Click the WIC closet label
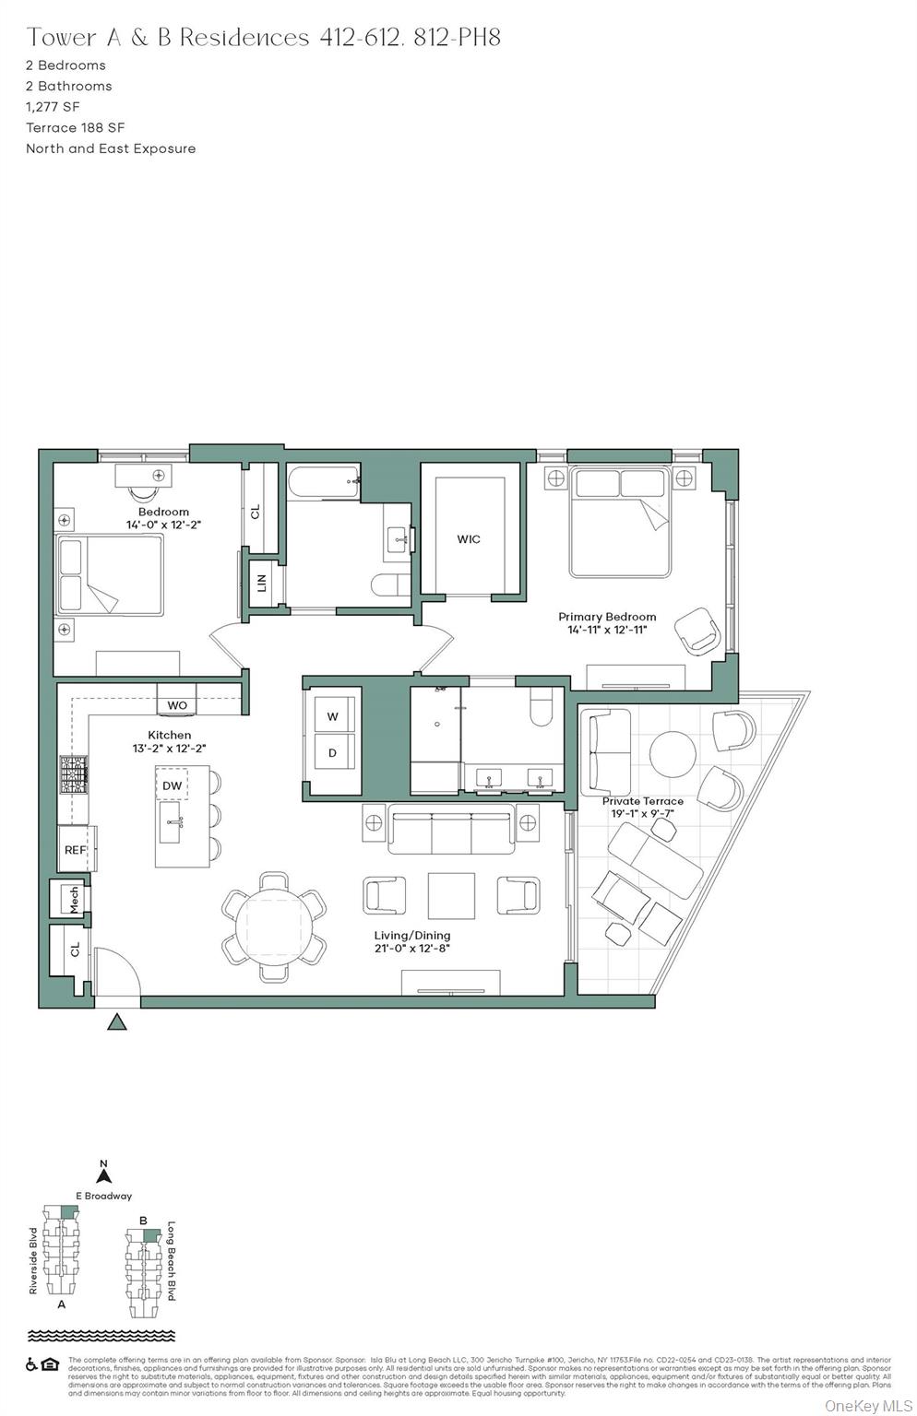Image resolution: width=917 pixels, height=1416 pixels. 469,539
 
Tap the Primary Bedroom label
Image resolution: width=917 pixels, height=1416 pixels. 607,617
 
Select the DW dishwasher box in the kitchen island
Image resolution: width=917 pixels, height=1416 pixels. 172,785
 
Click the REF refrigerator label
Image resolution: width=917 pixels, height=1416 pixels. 75,850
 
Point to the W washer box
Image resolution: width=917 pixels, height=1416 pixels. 332,716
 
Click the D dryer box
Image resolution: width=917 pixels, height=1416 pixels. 332,753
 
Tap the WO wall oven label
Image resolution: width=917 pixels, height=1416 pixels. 177,705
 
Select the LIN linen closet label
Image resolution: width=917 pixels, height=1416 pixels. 262,583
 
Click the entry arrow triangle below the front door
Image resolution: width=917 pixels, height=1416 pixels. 117,1021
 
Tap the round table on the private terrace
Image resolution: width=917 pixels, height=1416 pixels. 673,754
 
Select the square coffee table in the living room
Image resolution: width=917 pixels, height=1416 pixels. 451,896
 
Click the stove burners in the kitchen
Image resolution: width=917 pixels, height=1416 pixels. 75,774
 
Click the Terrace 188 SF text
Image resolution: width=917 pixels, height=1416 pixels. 76,128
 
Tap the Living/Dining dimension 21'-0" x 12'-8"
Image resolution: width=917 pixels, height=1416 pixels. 412,948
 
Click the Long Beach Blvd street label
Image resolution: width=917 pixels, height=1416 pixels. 171,1261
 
